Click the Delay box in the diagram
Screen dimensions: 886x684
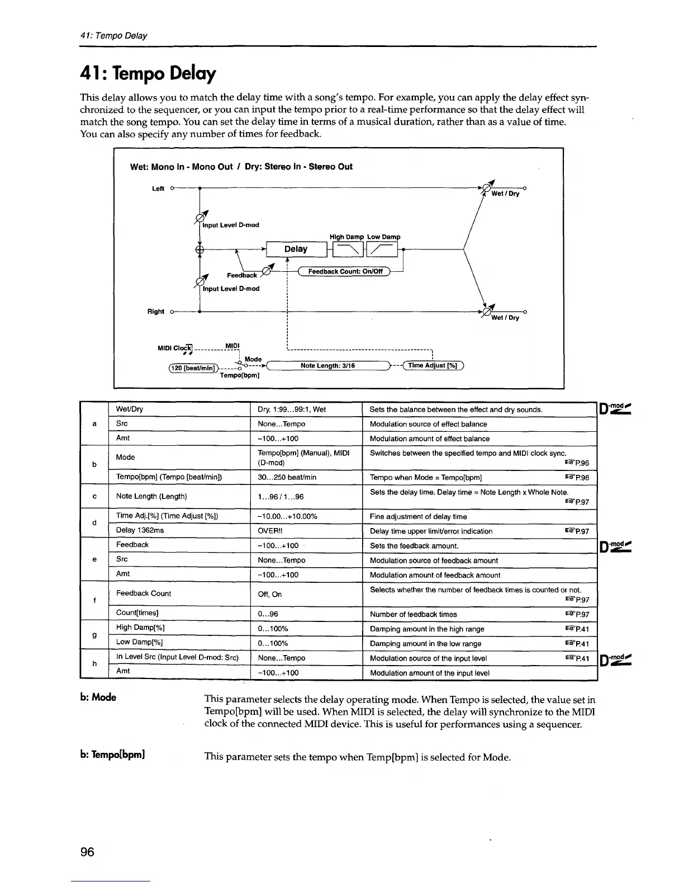(296, 249)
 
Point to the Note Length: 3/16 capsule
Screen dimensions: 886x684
(328, 366)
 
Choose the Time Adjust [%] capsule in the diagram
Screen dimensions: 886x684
(433, 366)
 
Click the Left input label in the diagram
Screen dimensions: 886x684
(158, 188)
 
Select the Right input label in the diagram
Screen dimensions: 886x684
(156, 312)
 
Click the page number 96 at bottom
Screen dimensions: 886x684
(87, 852)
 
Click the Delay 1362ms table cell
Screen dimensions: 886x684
(140, 530)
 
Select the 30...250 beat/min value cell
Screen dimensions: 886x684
(287, 477)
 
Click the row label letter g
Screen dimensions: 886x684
(94, 635)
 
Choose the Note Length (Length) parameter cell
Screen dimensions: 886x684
(151, 496)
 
